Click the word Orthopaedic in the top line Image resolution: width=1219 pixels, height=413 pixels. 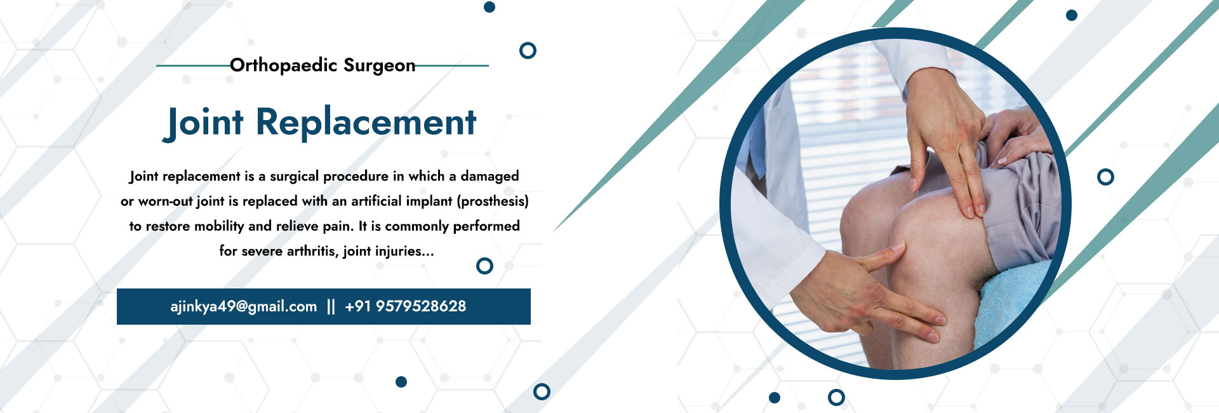[x=283, y=65]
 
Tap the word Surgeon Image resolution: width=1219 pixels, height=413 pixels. [x=380, y=65]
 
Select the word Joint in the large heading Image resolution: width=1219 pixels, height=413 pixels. [x=203, y=123]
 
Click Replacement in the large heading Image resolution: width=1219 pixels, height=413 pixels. [x=366, y=123]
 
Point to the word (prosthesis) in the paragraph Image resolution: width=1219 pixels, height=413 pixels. [x=493, y=201]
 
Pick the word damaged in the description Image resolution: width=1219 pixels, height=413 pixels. [x=490, y=176]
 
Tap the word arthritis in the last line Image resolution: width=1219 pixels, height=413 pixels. [x=312, y=251]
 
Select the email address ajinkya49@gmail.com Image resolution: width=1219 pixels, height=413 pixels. [x=244, y=307]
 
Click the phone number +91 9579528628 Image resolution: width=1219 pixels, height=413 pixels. [x=406, y=306]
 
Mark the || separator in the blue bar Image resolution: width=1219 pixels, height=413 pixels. [x=331, y=307]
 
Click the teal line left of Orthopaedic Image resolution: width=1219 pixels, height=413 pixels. [x=193, y=65]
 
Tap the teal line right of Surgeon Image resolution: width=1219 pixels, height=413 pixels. [x=452, y=65]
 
